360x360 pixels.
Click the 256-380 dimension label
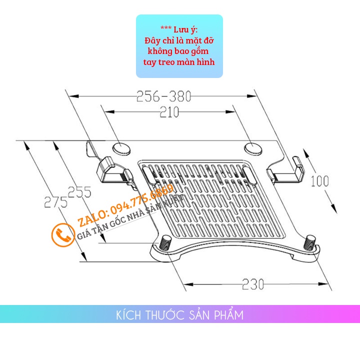[x=163, y=96]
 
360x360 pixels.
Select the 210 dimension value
[x=169, y=112]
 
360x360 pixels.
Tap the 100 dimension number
[x=319, y=181]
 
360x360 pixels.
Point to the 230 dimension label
[x=253, y=284]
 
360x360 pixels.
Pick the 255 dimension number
[x=79, y=191]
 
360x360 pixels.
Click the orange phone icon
[x=63, y=234]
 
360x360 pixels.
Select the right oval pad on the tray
[x=253, y=147]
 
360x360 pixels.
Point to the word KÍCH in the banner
[x=127, y=315]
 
